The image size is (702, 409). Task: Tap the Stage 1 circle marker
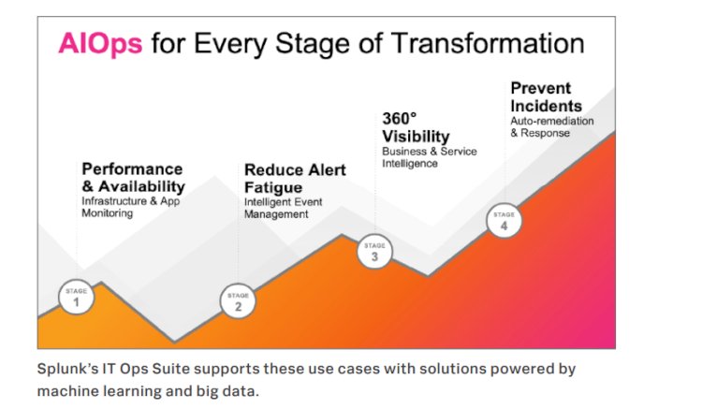click(x=76, y=298)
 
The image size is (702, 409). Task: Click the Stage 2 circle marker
click(x=238, y=301)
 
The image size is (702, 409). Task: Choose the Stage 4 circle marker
click(x=503, y=220)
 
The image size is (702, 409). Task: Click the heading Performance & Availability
click(x=132, y=178)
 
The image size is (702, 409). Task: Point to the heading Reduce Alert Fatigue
click(x=295, y=179)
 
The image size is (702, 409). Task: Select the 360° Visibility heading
click(x=416, y=127)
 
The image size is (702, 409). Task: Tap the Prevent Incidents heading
click(x=546, y=97)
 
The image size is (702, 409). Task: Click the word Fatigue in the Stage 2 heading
click(x=274, y=187)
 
